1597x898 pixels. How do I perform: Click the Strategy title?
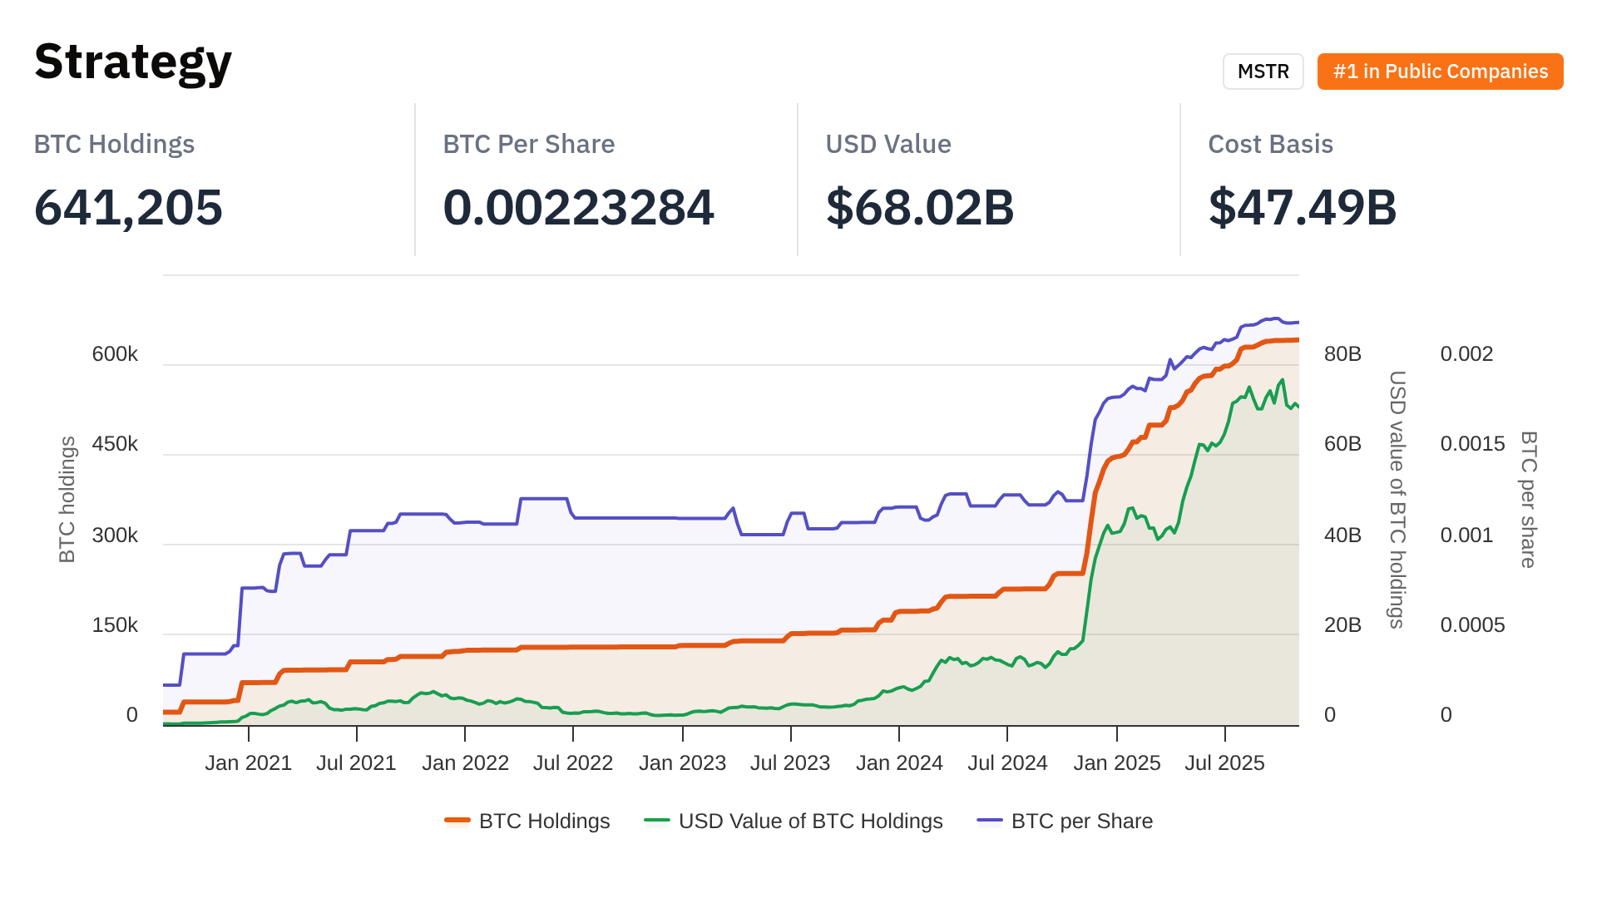pyautogui.click(x=133, y=62)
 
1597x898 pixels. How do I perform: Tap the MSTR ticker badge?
pyautogui.click(x=1263, y=72)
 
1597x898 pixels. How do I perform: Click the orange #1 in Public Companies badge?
pyautogui.click(x=1440, y=72)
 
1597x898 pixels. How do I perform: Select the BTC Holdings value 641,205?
pyautogui.click(x=128, y=207)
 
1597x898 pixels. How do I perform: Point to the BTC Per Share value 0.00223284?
pyautogui.click(x=578, y=207)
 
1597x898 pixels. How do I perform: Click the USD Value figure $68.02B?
pyautogui.click(x=919, y=207)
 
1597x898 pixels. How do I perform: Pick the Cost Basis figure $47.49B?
pyautogui.click(x=1302, y=207)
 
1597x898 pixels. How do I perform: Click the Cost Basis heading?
pyautogui.click(x=1270, y=144)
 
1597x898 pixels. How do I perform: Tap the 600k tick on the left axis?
pyautogui.click(x=115, y=354)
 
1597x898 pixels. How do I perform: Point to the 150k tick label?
pyautogui.click(x=115, y=625)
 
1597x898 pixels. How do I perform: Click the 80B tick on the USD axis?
pyautogui.click(x=1342, y=354)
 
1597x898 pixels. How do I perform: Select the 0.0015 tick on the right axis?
pyautogui.click(x=1472, y=444)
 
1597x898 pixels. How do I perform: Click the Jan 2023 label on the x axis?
pyautogui.click(x=682, y=763)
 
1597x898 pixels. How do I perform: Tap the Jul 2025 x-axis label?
pyautogui.click(x=1224, y=763)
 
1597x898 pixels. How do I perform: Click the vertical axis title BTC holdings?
pyautogui.click(x=67, y=499)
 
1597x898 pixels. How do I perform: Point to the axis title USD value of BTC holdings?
pyautogui.click(x=1397, y=499)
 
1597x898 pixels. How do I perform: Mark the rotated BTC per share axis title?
pyautogui.click(x=1528, y=499)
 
